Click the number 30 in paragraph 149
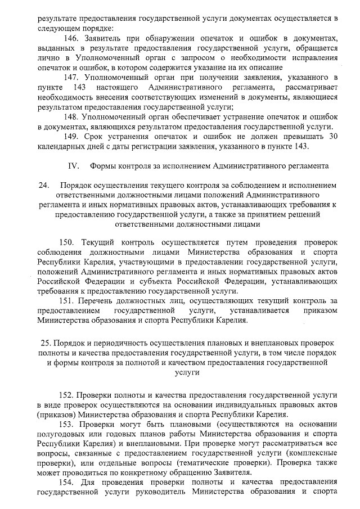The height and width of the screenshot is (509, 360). [333, 137]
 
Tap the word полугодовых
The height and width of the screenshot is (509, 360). [61, 435]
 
